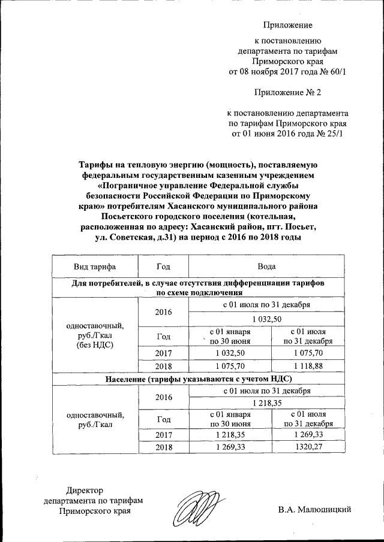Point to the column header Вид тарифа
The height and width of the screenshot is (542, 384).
[x=95, y=266]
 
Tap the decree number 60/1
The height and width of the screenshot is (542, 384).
[x=338, y=71]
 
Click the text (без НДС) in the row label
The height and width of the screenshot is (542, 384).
[x=95, y=345]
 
